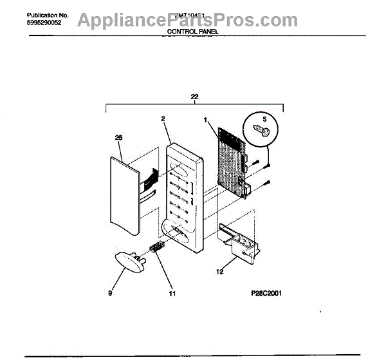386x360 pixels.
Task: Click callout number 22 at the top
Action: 194,97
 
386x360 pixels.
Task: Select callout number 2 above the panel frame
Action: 163,119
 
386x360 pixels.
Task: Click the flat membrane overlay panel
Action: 122,196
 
